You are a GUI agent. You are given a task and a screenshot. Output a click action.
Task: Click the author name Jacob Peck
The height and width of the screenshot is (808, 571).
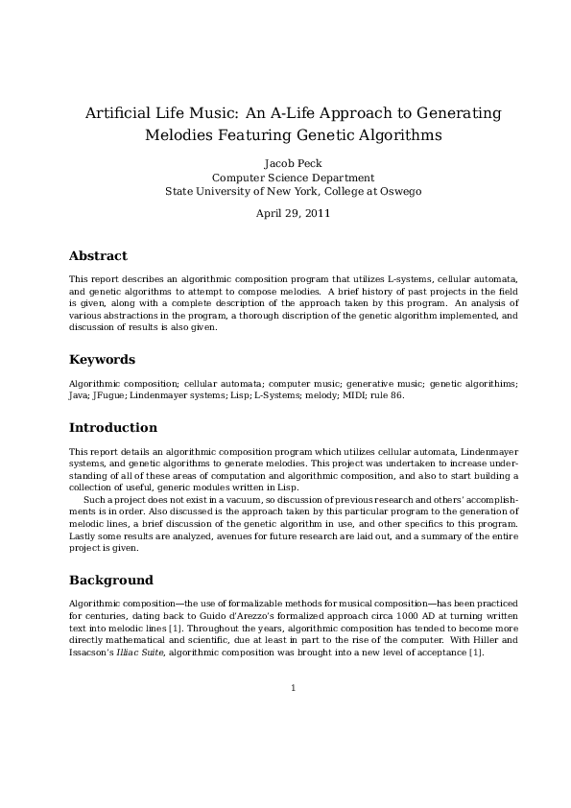tap(293, 163)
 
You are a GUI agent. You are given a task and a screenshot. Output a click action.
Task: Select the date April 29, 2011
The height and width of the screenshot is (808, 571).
tap(293, 213)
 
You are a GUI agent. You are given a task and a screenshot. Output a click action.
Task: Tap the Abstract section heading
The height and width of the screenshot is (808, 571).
tap(98, 256)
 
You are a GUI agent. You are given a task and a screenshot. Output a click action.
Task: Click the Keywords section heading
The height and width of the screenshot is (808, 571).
tap(102, 360)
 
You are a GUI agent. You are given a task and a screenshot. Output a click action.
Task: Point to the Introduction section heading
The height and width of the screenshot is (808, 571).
tap(113, 427)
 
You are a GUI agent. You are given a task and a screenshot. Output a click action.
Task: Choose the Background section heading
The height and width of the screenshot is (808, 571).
tap(110, 581)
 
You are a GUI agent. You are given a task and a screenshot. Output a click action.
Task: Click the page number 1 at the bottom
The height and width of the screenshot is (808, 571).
tap(293, 687)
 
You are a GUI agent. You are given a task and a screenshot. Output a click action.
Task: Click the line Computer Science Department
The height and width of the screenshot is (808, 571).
tap(293, 178)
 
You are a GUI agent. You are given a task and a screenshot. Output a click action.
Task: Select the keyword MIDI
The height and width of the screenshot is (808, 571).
tap(332, 394)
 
